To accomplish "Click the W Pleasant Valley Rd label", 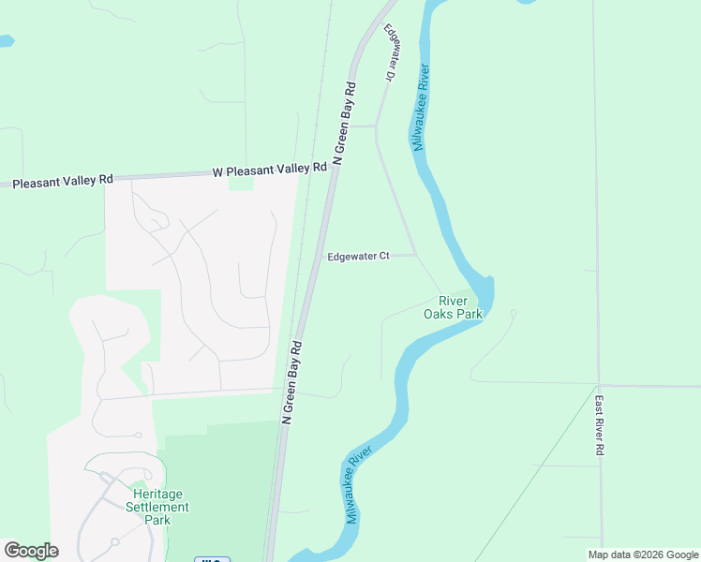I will point(270,170).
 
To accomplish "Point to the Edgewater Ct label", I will point(358,257).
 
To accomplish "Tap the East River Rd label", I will point(600,425).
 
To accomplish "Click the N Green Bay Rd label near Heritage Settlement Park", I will point(291,383).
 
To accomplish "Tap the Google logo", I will point(31,551).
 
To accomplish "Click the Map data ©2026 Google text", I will point(642,555).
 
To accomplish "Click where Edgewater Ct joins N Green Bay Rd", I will point(317,256).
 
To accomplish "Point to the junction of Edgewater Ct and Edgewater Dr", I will point(416,255).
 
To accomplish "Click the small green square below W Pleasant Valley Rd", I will point(241,184).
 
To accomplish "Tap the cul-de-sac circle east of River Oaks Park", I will point(513,313).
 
